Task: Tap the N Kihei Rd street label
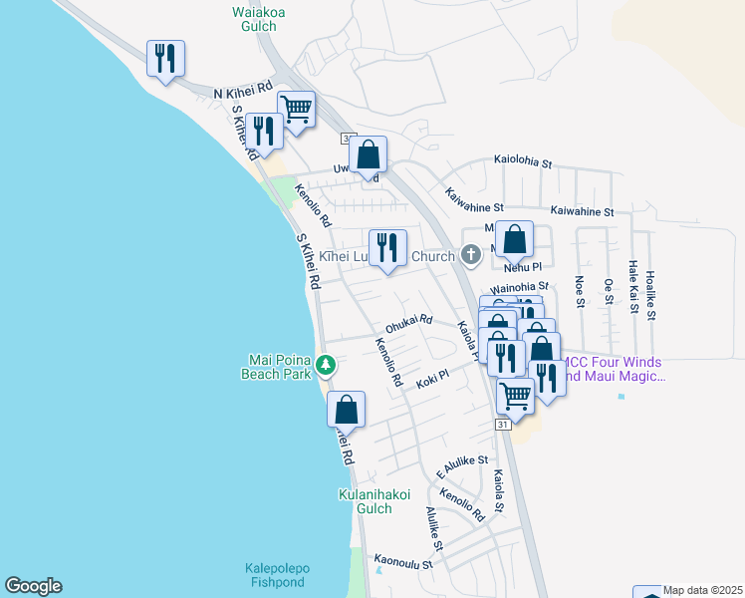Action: (x=243, y=92)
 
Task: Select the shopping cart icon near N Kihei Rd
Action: (x=296, y=109)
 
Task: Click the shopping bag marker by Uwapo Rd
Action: (x=368, y=156)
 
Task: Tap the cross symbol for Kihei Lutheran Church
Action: (x=471, y=256)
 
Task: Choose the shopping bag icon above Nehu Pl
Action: (x=514, y=241)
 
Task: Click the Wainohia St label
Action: (x=519, y=286)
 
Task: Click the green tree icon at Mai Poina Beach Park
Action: (x=325, y=367)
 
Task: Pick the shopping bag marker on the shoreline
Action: (x=346, y=411)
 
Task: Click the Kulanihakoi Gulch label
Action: (x=375, y=502)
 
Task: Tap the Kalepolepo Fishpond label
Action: (x=277, y=576)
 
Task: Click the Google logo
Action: (x=33, y=586)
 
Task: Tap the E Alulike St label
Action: (x=461, y=460)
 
